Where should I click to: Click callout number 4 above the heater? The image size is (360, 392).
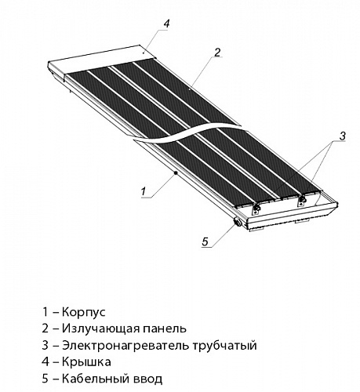point(167,24)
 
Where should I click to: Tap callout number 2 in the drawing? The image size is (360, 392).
point(217,53)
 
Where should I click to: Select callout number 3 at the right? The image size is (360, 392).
point(342,136)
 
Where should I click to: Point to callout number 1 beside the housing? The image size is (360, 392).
point(144,191)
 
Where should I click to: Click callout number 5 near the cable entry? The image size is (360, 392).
point(205,241)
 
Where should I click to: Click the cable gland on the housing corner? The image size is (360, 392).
point(238,223)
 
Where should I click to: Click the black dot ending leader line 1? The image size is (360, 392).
point(176,172)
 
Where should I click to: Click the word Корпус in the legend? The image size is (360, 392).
point(84,312)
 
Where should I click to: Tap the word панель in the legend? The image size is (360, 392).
point(165,329)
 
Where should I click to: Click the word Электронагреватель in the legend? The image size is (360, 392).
point(125,346)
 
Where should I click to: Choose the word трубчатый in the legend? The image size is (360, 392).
point(225,346)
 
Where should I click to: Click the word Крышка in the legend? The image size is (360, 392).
point(86,362)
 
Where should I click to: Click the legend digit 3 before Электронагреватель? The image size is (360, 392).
point(45,346)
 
